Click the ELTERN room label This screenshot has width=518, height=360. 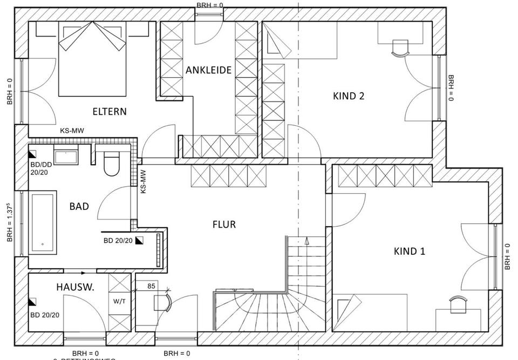[110, 112]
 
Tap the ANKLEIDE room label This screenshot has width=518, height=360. [209, 70]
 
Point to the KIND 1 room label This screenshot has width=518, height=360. [409, 251]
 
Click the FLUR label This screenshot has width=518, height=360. [224, 224]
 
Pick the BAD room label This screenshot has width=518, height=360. [79, 206]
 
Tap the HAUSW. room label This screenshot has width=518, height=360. [75, 288]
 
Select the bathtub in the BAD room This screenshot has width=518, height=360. [43, 222]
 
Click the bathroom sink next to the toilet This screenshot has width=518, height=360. [66, 157]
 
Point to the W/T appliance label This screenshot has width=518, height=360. [119, 301]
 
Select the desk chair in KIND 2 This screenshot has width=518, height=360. [400, 47]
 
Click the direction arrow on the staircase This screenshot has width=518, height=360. [306, 241]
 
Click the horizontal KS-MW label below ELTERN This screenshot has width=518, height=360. [72, 130]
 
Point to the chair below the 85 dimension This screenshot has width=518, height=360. [162, 302]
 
